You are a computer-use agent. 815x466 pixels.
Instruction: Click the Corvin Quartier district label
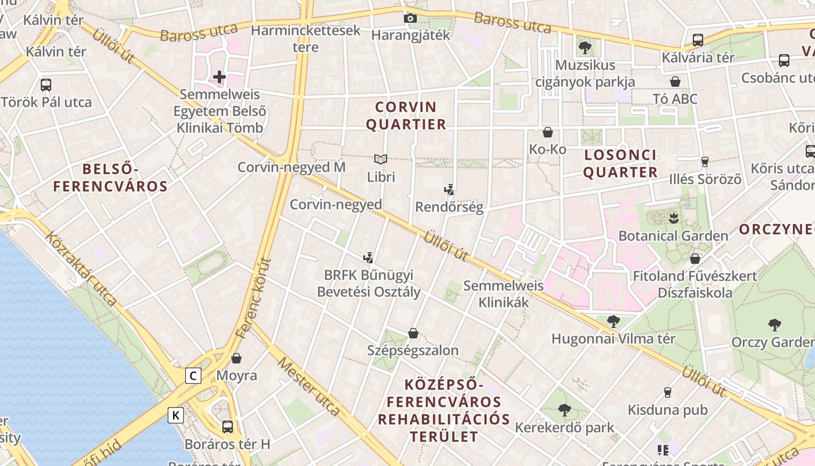(x=410, y=115)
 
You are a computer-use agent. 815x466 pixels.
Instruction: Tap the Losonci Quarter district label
(x=621, y=164)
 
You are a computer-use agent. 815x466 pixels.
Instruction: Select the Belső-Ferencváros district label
(x=110, y=178)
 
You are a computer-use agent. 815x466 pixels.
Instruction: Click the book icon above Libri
(x=381, y=159)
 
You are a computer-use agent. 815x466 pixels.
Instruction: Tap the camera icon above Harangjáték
(x=410, y=19)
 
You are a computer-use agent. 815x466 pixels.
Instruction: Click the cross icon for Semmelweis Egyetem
(x=219, y=76)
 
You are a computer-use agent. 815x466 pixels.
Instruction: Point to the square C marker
(x=193, y=376)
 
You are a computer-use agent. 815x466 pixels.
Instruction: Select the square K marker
(x=176, y=415)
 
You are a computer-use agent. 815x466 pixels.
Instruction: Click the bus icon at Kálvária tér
(x=697, y=40)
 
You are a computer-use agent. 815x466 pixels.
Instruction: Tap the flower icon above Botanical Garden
(x=674, y=219)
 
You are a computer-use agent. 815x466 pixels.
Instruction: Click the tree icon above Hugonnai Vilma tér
(x=613, y=321)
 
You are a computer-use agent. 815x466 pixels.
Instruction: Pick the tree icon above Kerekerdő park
(x=564, y=410)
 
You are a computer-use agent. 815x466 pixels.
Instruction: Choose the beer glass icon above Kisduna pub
(x=668, y=393)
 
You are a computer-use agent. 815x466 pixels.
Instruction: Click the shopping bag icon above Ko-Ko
(x=547, y=132)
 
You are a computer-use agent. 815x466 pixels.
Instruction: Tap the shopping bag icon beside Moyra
(x=236, y=358)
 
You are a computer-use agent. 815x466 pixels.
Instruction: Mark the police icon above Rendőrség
(x=449, y=189)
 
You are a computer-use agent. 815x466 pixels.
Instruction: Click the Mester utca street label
(x=309, y=386)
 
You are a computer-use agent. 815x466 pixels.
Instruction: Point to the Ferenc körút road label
(x=254, y=298)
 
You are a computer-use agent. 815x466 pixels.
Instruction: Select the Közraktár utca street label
(x=81, y=269)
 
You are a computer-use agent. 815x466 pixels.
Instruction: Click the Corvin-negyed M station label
(x=291, y=167)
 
